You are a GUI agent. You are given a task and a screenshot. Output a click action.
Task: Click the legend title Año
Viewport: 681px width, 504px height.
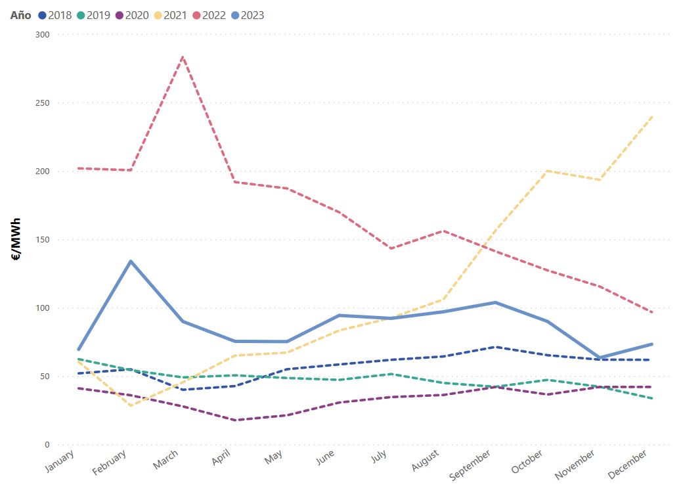pyautogui.click(x=20, y=15)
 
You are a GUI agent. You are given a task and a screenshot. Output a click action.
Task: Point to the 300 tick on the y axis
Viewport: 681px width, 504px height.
pyautogui.click(x=42, y=34)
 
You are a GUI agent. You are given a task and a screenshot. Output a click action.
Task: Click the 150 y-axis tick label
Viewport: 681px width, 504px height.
pyautogui.click(x=42, y=239)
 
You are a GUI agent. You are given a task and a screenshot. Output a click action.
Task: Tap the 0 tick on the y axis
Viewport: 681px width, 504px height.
pyautogui.click(x=47, y=445)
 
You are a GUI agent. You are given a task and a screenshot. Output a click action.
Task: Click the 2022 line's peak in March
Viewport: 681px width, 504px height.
pyautogui.click(x=182, y=57)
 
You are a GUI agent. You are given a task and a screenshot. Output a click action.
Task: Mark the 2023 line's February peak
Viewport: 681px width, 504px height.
pyautogui.click(x=131, y=261)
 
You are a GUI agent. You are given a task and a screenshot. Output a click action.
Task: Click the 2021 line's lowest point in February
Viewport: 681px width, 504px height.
pyautogui.click(x=131, y=405)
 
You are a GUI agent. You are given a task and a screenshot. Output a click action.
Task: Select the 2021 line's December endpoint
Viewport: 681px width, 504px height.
pyautogui.click(x=651, y=117)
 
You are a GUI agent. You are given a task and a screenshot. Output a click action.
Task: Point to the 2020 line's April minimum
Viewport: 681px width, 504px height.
pyautogui.click(x=234, y=420)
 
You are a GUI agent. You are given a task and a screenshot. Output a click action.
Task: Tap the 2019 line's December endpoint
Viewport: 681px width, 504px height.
pyautogui.click(x=651, y=398)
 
